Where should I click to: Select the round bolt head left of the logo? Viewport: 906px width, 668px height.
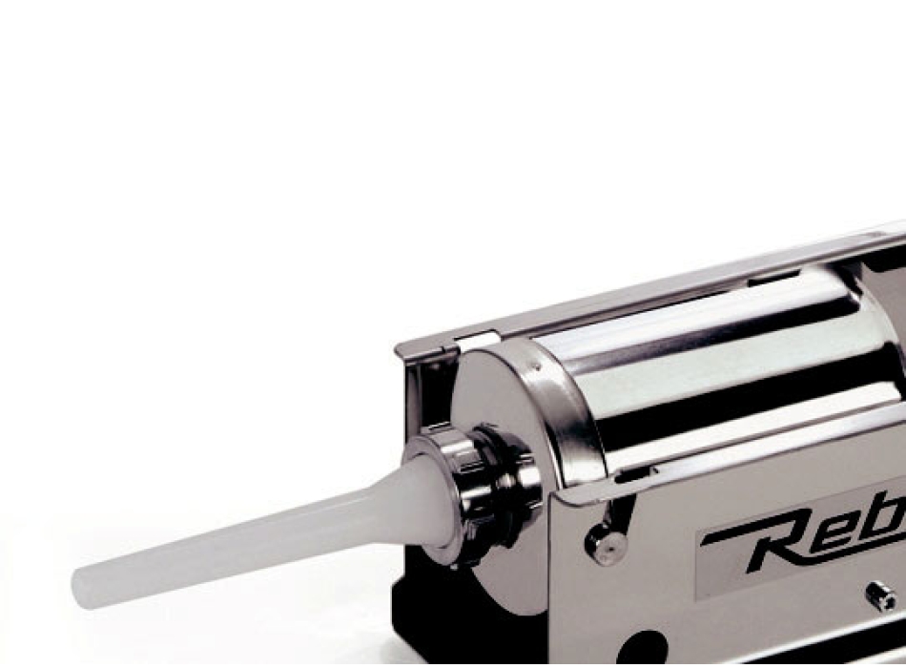coord(607,545)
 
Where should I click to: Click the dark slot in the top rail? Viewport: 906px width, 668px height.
coord(772,280)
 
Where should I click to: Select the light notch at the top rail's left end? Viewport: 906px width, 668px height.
coord(477,339)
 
